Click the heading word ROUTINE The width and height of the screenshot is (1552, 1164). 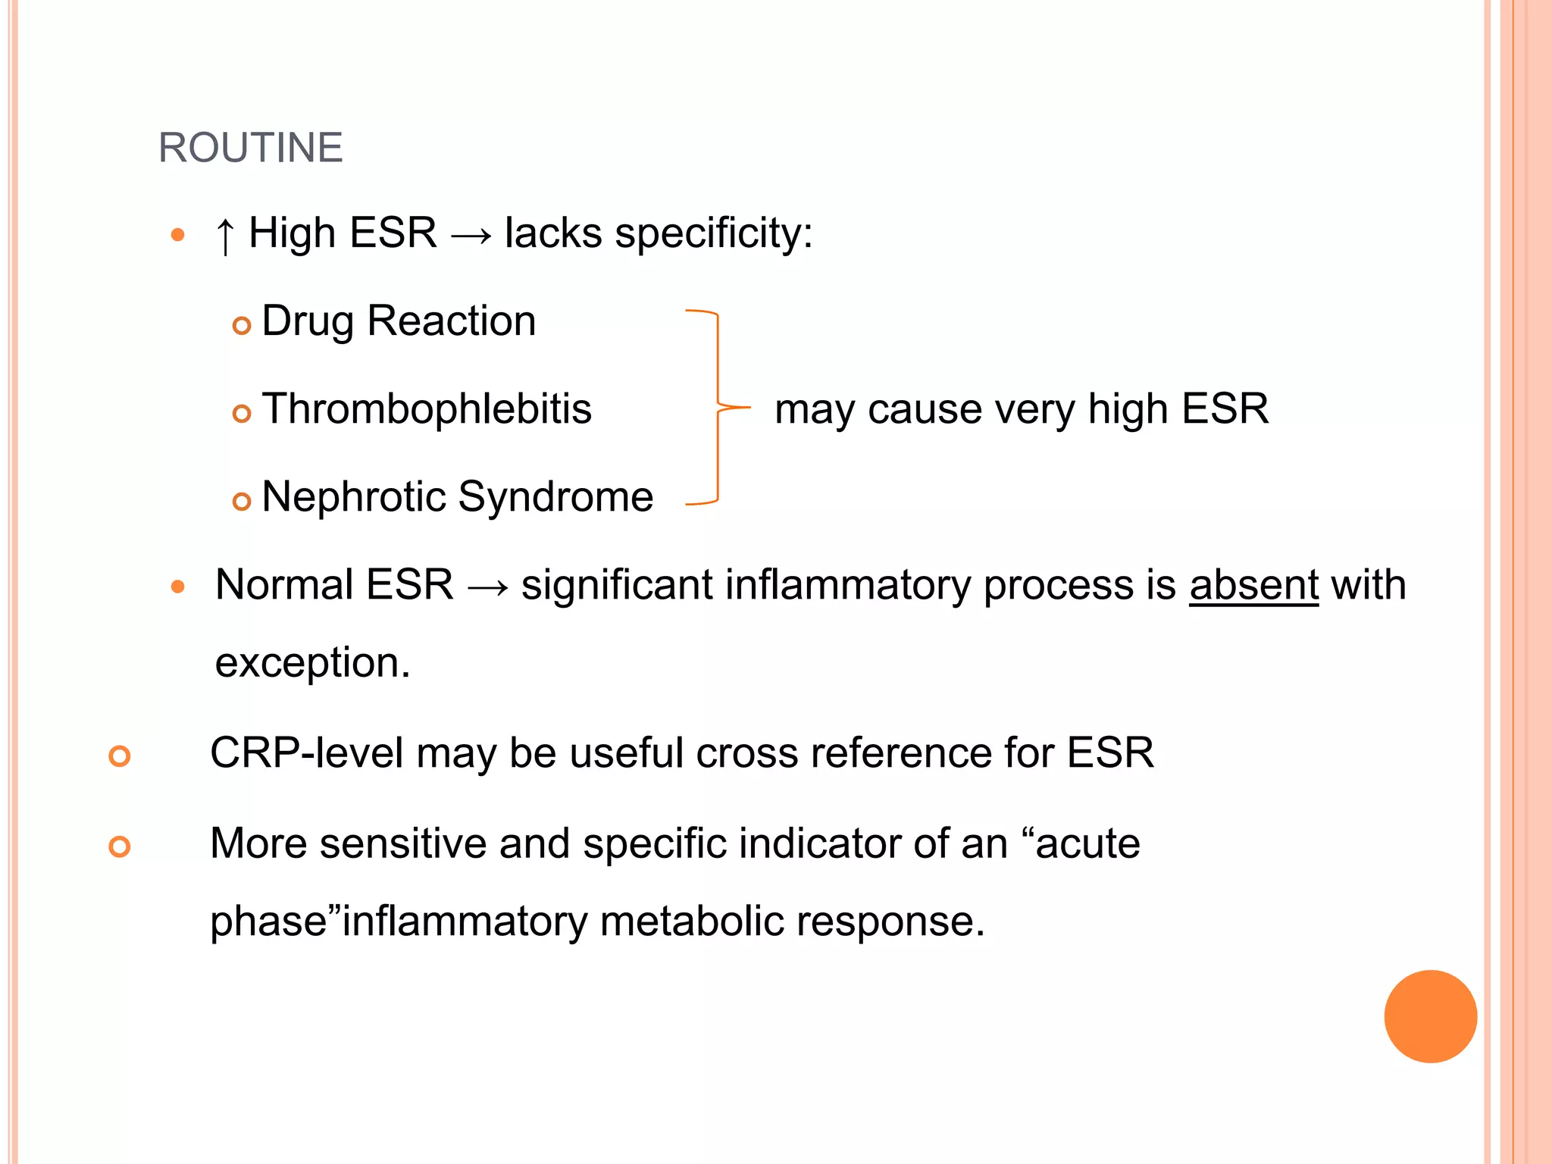pos(250,147)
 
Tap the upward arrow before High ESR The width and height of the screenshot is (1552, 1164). pos(224,234)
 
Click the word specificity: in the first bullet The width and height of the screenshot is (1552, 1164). pos(713,233)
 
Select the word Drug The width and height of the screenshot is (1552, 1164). pos(308,321)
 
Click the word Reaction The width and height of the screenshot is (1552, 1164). pos(452,321)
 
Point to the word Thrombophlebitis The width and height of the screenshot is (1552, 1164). pos(427,409)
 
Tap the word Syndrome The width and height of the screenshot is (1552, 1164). pos(555,498)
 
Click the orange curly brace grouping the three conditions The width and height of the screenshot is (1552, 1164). pos(717,407)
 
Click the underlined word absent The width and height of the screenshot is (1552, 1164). pos(1254,585)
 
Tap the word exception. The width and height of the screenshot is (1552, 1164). pos(312,662)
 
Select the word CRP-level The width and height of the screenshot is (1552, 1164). pos(306,753)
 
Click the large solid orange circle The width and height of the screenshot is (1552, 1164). pos(1430,1016)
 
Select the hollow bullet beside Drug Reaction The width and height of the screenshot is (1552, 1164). pos(242,325)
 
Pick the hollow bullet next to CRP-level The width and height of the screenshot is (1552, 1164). pos(120,756)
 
